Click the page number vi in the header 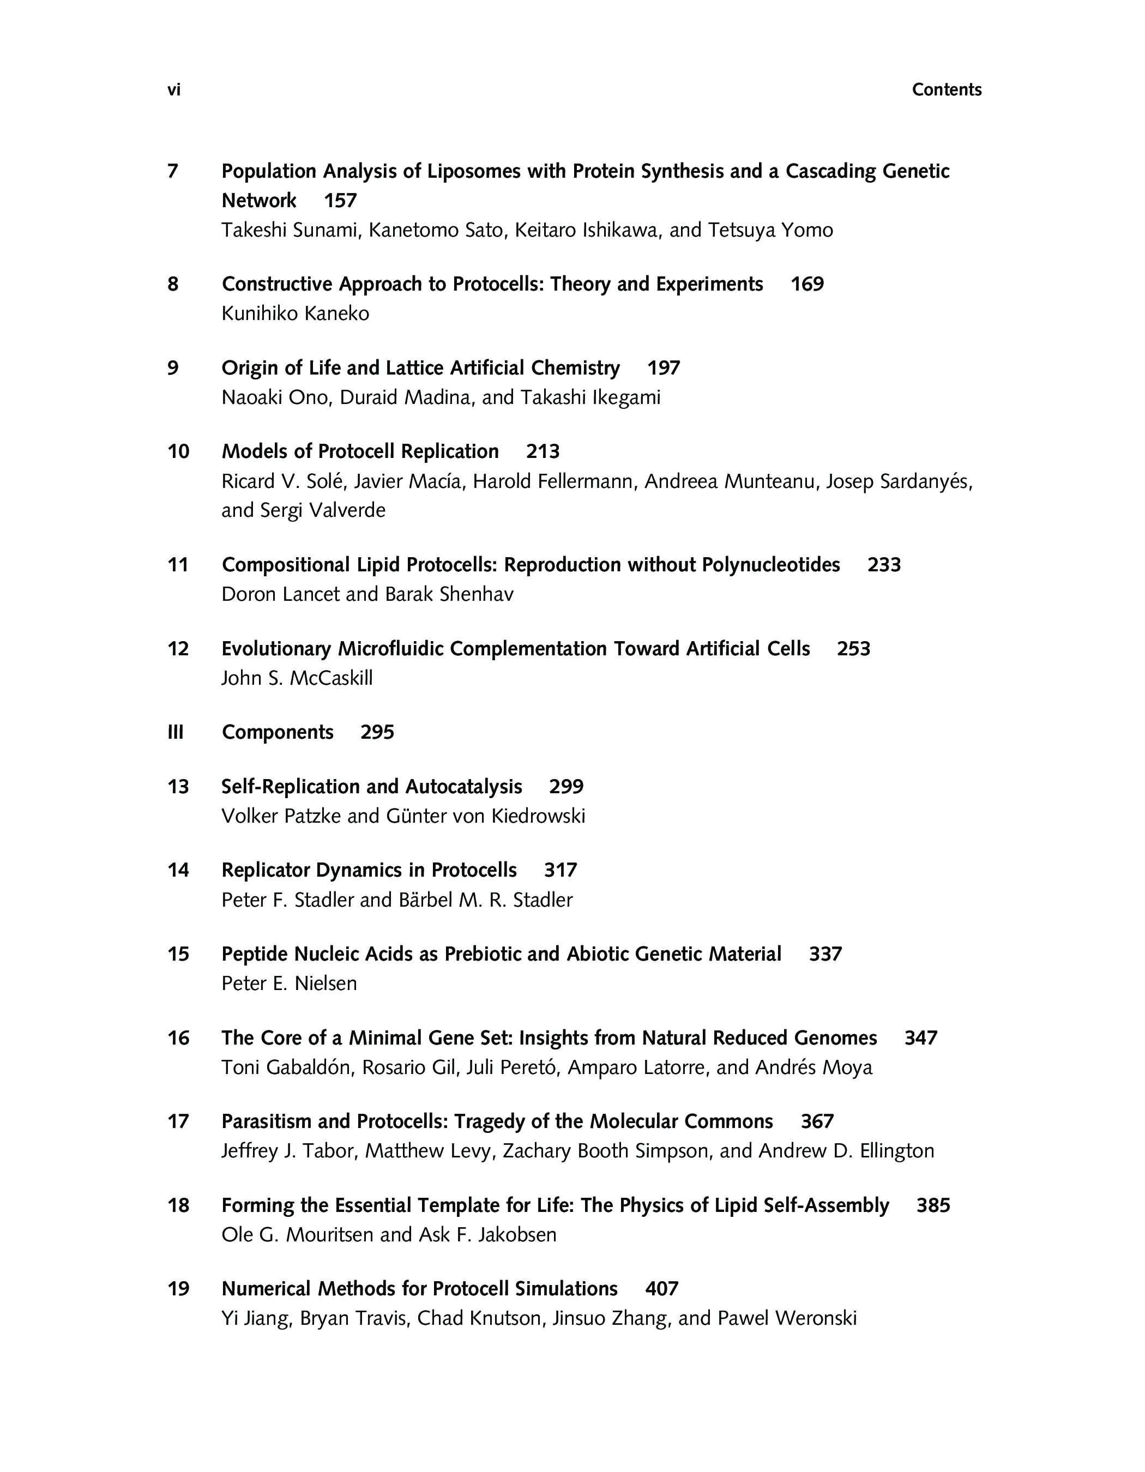coord(174,89)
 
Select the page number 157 coord(340,201)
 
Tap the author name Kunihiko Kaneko coord(295,314)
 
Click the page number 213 coord(543,451)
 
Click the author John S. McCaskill coord(297,678)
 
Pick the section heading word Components coord(278,733)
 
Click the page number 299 coord(566,787)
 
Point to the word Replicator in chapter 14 coord(266,870)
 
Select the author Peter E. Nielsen coord(289,984)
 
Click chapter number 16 coord(179,1038)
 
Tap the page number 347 coord(920,1038)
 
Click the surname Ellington coord(897,1151)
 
